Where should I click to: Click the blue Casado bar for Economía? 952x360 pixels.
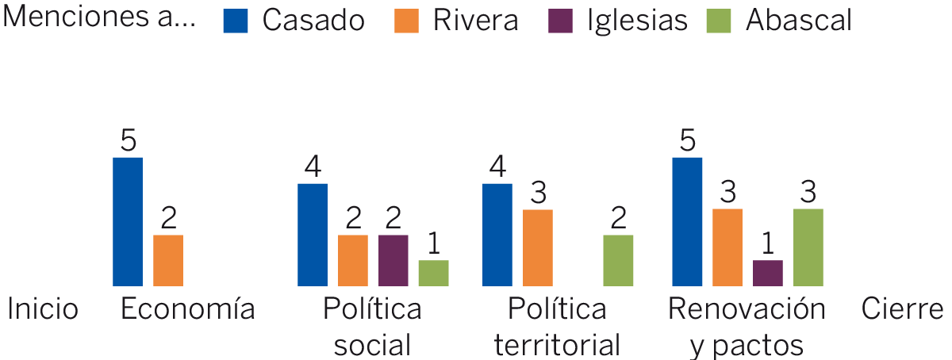pyautogui.click(x=128, y=221)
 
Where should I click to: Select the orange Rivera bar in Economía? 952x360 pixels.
pyautogui.click(x=168, y=260)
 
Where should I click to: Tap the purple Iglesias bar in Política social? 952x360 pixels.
pyautogui.click(x=393, y=260)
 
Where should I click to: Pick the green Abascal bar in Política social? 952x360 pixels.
pyautogui.click(x=433, y=273)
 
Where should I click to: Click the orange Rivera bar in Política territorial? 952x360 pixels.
pyautogui.click(x=538, y=247)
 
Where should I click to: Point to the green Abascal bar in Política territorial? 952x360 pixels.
pyautogui.click(x=618, y=260)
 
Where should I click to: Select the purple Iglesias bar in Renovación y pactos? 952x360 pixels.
pyautogui.click(x=767, y=273)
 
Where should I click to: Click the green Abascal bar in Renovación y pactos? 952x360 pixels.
pyautogui.click(x=808, y=247)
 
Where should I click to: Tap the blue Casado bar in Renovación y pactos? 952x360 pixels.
pyautogui.click(x=687, y=221)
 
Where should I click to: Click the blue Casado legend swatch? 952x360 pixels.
pyautogui.click(x=236, y=21)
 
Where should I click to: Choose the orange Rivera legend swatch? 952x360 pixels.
pyautogui.click(x=406, y=21)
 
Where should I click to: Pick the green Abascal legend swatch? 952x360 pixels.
pyautogui.click(x=719, y=21)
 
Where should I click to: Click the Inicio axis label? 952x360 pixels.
pyautogui.click(x=43, y=309)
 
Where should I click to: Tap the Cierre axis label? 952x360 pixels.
pyautogui.click(x=902, y=309)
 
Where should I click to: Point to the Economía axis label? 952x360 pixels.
pyautogui.click(x=187, y=309)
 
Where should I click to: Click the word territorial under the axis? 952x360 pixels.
pyautogui.click(x=557, y=345)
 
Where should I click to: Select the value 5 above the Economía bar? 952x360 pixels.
pyautogui.click(x=129, y=140)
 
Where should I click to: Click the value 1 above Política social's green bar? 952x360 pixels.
pyautogui.click(x=434, y=243)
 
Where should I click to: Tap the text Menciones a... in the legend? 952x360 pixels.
pyautogui.click(x=100, y=19)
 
